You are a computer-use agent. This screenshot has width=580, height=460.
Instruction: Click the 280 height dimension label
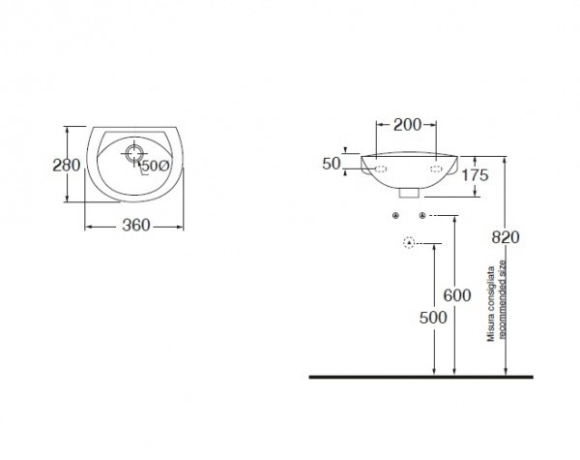[x=67, y=166]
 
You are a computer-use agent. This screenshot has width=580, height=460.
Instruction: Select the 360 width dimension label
[x=136, y=226]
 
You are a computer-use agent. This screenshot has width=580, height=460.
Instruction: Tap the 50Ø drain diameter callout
[x=156, y=166]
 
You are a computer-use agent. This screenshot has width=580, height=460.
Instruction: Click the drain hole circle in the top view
[x=133, y=153]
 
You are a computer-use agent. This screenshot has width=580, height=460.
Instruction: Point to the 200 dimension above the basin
[x=407, y=125]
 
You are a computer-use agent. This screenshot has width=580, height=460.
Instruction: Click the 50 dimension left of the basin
[x=331, y=164]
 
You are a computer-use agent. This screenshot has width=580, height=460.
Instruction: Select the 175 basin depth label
[x=475, y=175]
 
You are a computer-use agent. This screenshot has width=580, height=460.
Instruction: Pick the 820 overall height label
[x=506, y=237]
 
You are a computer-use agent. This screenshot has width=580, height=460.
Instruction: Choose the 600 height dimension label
[x=457, y=295]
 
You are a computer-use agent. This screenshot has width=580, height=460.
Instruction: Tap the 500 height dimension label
[x=433, y=318]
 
